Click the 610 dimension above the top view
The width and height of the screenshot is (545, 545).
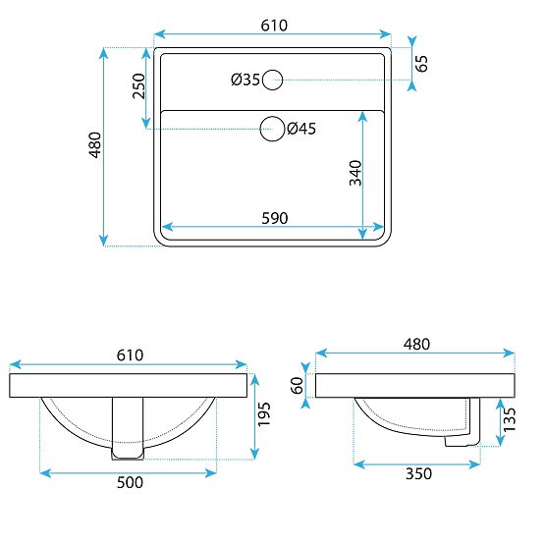[x=273, y=25]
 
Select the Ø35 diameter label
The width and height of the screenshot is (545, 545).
[x=245, y=81]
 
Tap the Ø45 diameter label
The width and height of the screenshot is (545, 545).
[x=300, y=128]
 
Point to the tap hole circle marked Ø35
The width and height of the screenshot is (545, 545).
[x=273, y=80]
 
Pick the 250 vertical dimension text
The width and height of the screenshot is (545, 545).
[x=138, y=86]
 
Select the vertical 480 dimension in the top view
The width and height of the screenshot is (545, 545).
[x=94, y=146]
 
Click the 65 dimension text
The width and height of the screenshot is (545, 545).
[x=422, y=65]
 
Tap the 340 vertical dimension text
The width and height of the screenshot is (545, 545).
[x=354, y=172]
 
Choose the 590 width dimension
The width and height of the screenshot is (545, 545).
[x=274, y=218]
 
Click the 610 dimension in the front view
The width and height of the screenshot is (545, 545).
[x=130, y=354]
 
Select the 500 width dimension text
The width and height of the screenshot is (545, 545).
[x=130, y=482]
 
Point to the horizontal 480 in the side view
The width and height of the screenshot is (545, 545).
[x=415, y=344]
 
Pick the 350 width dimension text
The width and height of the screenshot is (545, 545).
[x=418, y=473]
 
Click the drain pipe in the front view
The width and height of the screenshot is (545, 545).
[x=129, y=427]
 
